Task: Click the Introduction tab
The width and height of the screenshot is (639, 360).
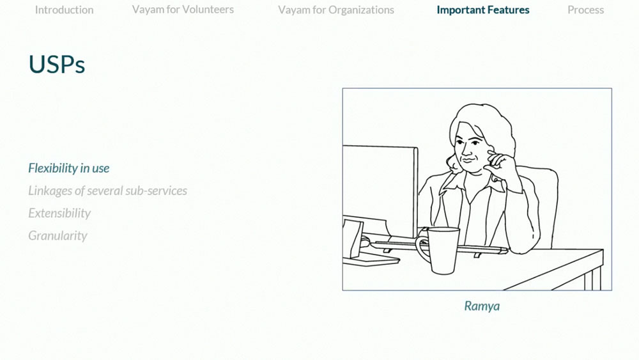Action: pos(64,10)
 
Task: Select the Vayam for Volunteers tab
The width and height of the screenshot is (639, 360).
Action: pos(183,10)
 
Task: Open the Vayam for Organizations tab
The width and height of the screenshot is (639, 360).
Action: pos(336,10)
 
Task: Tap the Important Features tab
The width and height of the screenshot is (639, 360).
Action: pos(483,10)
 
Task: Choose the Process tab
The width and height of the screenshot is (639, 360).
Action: pos(585,10)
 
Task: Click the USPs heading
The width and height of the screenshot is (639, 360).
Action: pos(57,65)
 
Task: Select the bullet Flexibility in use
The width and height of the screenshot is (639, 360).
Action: pos(69,168)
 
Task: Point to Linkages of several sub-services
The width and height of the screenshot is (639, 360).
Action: pos(107,191)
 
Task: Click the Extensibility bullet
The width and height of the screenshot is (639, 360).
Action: pos(59,213)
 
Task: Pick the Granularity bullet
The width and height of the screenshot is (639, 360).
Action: pos(58,235)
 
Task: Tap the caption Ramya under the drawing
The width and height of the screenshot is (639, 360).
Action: pos(482,306)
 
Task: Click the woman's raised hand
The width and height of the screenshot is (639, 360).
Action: pos(500,162)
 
